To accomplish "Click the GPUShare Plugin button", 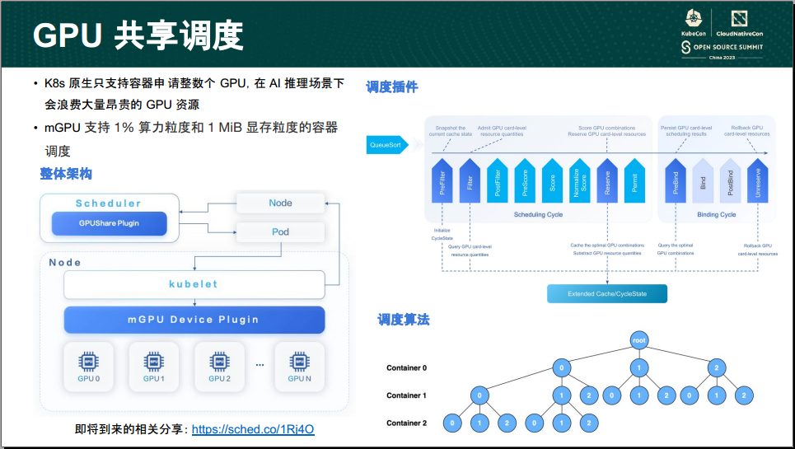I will click(109, 223).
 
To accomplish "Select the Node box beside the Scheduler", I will click(280, 203).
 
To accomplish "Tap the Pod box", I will click(280, 232).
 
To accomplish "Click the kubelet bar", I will click(194, 284).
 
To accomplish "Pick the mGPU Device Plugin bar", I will click(194, 320).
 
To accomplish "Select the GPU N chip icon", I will click(299, 362).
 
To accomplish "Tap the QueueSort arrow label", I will click(386, 145).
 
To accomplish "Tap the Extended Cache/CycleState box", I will click(606, 294).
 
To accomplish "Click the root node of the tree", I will click(639, 340).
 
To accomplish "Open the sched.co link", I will click(253, 429).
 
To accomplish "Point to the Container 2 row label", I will click(406, 423).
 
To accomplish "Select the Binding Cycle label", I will click(716, 215).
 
